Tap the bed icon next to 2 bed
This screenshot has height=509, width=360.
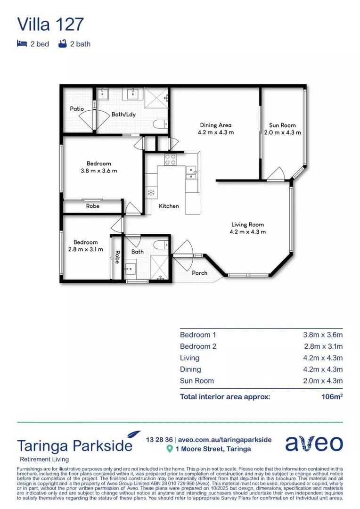coord(22,44)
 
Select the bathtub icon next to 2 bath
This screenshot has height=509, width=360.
coord(62,44)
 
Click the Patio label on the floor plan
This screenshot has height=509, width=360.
coord(77,109)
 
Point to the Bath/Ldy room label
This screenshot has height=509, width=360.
coord(122,114)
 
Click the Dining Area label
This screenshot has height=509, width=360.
coord(215,125)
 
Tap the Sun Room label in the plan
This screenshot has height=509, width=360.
coord(282,125)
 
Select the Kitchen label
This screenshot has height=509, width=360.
coord(169,206)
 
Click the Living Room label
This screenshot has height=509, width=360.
coord(247,225)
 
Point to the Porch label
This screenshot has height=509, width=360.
coord(200,273)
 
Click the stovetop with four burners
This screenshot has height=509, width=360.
coord(170,159)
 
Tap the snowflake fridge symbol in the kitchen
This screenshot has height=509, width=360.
coord(151,192)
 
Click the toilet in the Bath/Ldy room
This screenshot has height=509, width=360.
coord(160,124)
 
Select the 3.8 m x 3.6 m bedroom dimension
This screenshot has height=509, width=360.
coord(98,171)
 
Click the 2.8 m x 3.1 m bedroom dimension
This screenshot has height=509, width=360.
coord(85,249)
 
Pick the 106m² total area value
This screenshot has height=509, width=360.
coord(332,396)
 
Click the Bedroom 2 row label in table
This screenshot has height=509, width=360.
coord(198,346)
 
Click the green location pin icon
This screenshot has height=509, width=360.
coord(170,449)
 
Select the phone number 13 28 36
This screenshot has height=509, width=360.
coord(159,439)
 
